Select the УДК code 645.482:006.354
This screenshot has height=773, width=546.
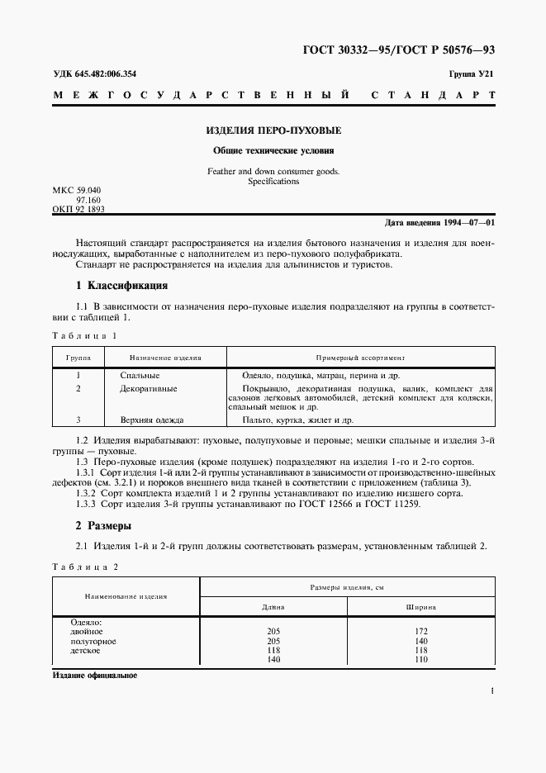pos(95,74)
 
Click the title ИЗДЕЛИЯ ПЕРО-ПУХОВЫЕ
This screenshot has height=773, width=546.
pos(273,130)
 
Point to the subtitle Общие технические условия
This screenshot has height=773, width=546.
pos(273,151)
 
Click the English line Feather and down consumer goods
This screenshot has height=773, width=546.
pos(273,171)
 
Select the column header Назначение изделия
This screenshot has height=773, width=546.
pos(166,358)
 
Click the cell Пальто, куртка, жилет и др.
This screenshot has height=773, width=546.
pos(293,420)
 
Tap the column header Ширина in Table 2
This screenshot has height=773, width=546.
pos(421,607)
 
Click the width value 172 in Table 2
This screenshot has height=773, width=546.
pos(421,631)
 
